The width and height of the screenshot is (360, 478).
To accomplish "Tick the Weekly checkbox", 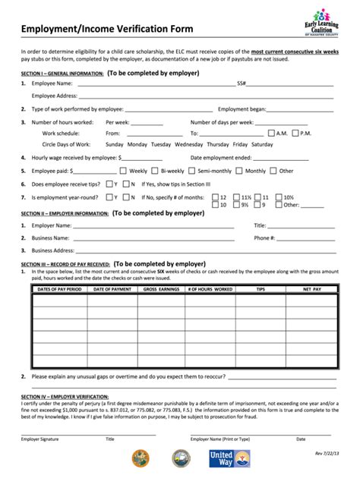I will click(x=124, y=171).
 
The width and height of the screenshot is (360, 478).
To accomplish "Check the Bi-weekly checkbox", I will click(x=155, y=171).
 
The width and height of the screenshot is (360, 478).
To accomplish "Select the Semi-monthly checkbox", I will click(x=193, y=171).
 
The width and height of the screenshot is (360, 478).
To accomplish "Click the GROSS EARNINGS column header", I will click(x=161, y=289).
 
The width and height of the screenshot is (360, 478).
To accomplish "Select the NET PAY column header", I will click(x=312, y=289).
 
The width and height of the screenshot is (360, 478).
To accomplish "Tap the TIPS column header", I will click(x=261, y=289).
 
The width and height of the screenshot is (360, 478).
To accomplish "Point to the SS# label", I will click(x=242, y=83).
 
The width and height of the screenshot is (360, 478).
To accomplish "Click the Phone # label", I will click(x=264, y=237).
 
